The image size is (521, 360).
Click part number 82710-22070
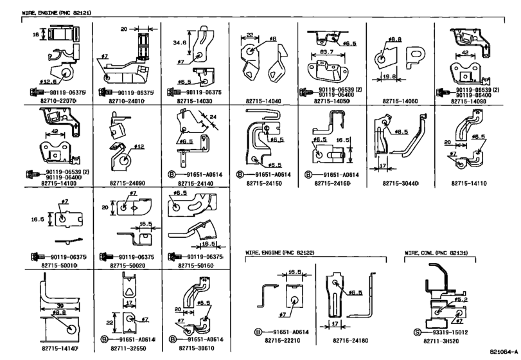pos(57,102)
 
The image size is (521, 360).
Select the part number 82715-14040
pos(263,102)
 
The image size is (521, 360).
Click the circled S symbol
pos(416,332)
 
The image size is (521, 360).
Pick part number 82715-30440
pos(400,183)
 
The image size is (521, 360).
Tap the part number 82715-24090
pos(127,183)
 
